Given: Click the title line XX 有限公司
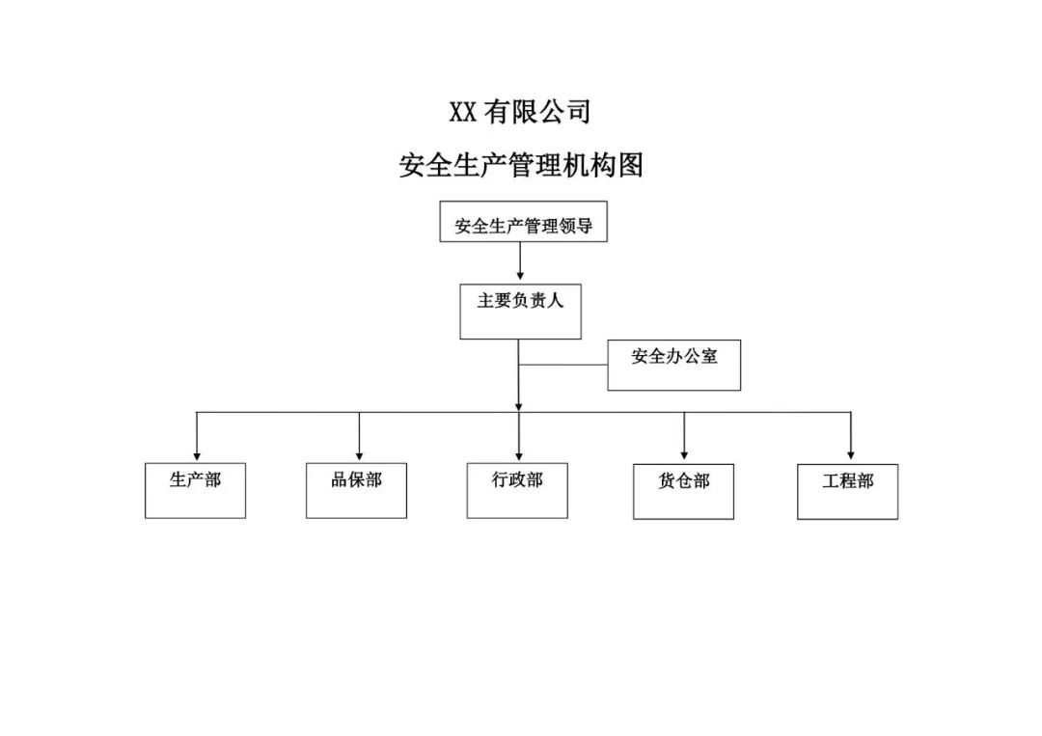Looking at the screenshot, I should [520, 113].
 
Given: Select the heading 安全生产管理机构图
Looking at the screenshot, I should [520, 166].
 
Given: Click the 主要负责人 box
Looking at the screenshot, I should [520, 311].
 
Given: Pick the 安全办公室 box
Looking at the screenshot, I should [673, 364].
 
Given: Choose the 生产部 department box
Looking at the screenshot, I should [195, 490].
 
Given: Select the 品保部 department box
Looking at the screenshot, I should [356, 490].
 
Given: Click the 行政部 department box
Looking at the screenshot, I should [517, 490].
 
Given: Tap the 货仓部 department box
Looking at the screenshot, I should [683, 491].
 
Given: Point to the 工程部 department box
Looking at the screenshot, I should [847, 491].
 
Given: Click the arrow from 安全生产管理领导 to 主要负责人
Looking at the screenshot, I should [520, 260].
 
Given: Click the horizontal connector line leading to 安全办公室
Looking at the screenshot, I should [563, 365].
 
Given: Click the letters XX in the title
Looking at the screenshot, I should [463, 113].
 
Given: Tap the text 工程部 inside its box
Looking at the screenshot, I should [847, 480].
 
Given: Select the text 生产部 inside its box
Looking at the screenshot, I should [195, 479].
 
